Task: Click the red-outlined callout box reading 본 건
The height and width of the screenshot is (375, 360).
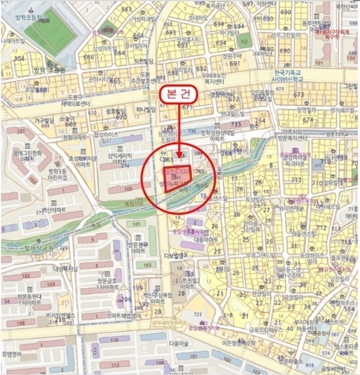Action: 180,95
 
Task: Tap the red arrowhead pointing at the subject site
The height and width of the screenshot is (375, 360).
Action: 180,156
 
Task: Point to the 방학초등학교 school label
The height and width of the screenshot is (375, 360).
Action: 35,11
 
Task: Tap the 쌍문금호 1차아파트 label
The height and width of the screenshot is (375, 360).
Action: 107,284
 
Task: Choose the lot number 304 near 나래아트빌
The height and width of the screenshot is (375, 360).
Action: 19,59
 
